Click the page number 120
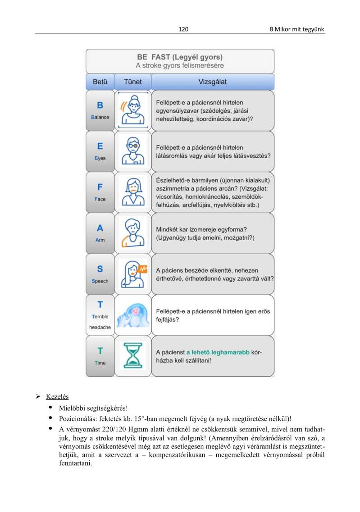point(183,29)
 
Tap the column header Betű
point(100,82)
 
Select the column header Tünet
point(133,82)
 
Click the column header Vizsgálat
point(212,82)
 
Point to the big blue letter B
point(100,105)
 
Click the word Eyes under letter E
point(100,158)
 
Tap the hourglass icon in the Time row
point(133,356)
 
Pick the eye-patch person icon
point(133,151)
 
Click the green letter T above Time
point(100,351)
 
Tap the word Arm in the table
point(100,240)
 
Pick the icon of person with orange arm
point(133,233)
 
